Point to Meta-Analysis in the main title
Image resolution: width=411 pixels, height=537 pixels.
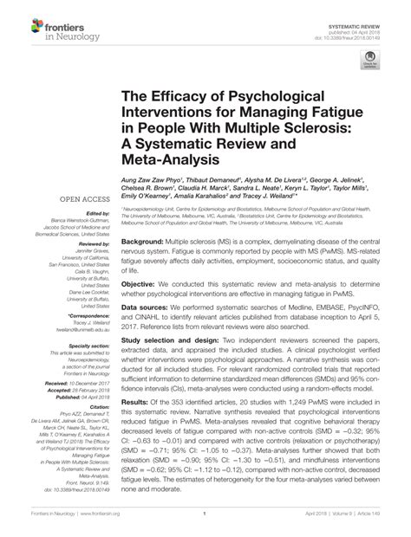(165, 160)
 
